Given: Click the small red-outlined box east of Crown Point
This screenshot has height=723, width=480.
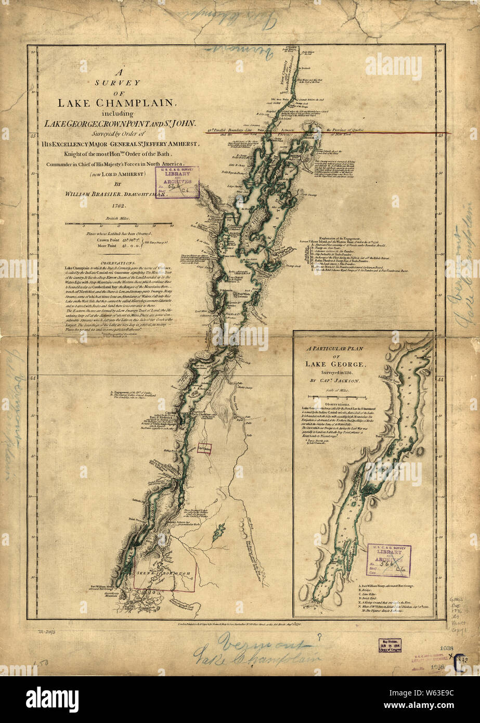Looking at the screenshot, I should pyautogui.click(x=204, y=448).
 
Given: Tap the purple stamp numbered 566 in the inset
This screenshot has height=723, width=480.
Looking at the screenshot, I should pyautogui.click(x=388, y=561).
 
